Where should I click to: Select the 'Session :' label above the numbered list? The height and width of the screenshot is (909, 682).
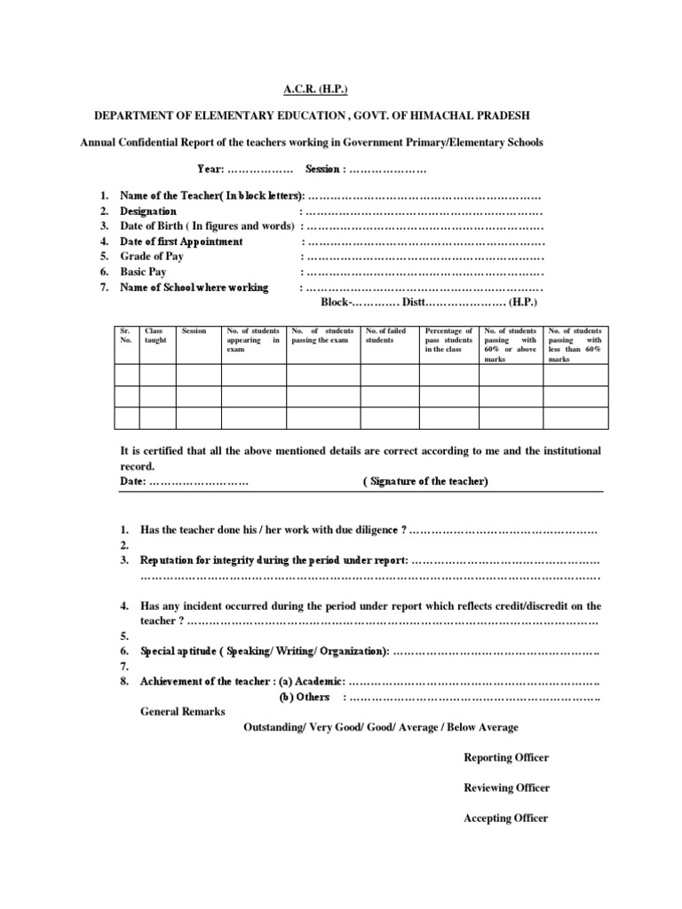point(324,169)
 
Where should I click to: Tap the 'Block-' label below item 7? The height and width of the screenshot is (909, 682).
point(336,303)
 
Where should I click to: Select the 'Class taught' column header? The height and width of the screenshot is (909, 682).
point(155,336)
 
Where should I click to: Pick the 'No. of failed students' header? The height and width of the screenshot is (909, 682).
point(386,336)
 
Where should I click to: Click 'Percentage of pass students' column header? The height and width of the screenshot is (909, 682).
point(448,340)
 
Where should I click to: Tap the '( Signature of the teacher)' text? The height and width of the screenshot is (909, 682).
point(425,481)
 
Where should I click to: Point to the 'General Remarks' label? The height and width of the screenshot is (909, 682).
point(183,712)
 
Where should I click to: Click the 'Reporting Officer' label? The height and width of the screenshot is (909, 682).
point(506,757)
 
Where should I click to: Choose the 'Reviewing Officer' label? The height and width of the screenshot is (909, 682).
point(506,787)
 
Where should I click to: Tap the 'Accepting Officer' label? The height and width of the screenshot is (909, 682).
point(506,818)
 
